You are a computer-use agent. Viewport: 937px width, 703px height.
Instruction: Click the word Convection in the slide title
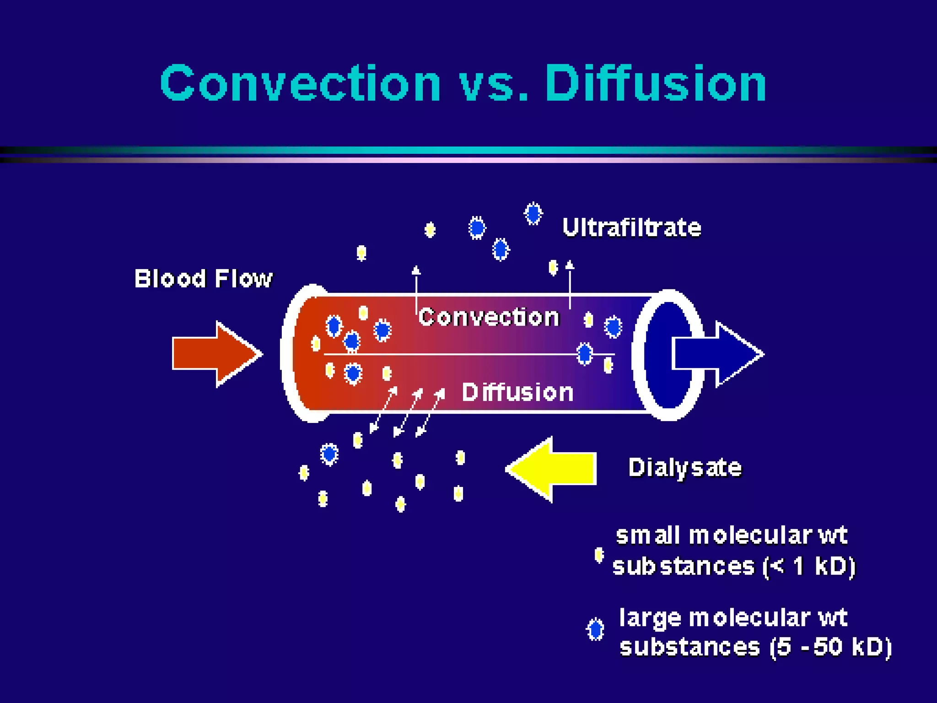[x=300, y=83]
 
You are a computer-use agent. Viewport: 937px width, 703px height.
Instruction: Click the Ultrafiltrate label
[x=631, y=227]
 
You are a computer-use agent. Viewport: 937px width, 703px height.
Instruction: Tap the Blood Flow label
[x=203, y=278]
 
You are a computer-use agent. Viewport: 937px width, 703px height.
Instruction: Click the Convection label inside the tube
[x=489, y=317]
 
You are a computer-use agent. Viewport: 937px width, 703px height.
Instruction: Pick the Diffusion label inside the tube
[x=517, y=392]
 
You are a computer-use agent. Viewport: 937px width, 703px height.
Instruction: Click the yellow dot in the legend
[x=598, y=555]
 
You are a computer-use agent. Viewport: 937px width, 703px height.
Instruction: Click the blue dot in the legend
[x=595, y=630]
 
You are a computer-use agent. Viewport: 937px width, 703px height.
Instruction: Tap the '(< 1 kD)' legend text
[x=808, y=567]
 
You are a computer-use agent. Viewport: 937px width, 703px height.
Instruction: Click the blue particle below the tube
[x=329, y=454]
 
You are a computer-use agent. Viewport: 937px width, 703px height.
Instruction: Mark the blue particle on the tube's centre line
[x=584, y=353]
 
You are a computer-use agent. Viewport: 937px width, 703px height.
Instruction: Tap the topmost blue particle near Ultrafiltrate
[x=533, y=213]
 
